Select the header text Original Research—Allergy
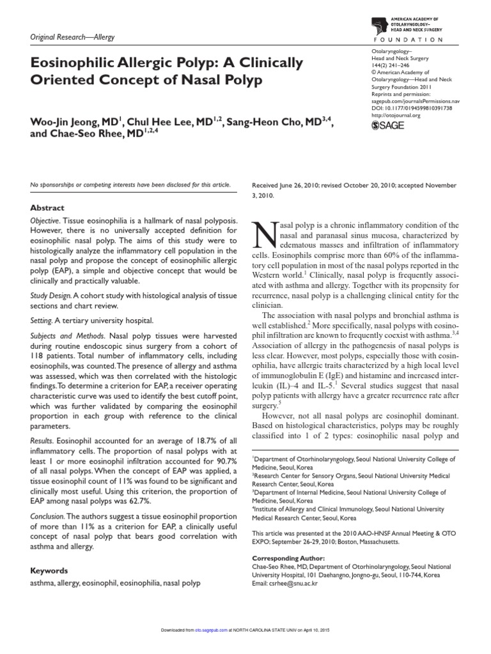(x=73, y=38)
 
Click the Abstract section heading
(x=48, y=208)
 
